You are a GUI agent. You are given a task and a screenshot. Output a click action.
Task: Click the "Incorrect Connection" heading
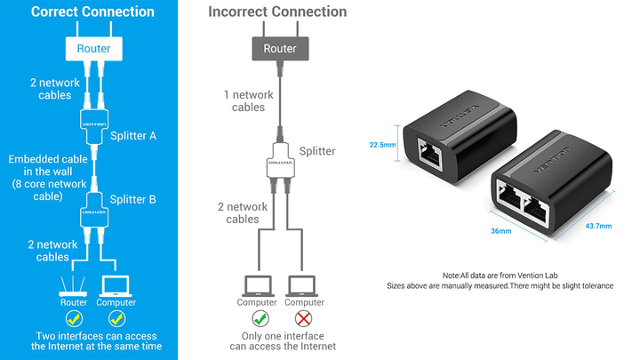tap(277, 12)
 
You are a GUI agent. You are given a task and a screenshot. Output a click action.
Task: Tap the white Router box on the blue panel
tap(94, 48)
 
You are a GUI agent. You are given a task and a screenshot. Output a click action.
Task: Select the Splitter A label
tap(133, 136)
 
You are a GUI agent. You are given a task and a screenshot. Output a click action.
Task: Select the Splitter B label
tap(133, 199)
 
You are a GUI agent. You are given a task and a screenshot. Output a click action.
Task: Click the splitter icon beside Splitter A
tap(94, 124)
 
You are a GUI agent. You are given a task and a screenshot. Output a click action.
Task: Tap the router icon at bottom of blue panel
tap(73, 284)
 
